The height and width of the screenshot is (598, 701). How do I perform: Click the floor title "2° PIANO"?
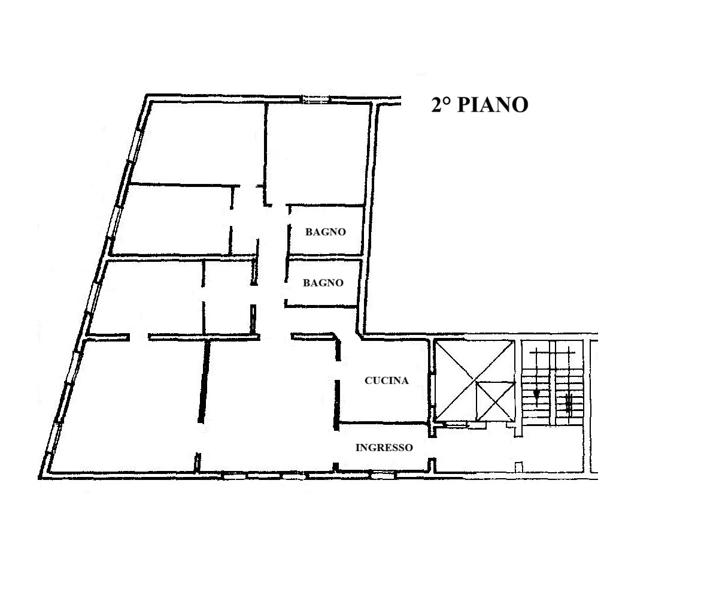point(480,104)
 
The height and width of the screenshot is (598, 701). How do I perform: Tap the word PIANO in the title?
point(493,104)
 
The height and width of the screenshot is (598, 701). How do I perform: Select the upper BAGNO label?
point(326,232)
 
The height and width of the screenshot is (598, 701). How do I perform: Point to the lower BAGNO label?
point(323,283)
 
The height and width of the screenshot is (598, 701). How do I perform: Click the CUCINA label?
point(387,380)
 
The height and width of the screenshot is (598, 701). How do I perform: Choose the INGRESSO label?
point(384,448)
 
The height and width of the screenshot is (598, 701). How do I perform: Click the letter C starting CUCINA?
point(368,380)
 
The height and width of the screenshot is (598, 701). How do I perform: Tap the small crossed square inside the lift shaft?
point(495,401)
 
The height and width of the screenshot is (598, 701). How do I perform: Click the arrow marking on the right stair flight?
point(569,401)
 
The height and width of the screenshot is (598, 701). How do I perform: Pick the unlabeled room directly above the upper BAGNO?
point(318,153)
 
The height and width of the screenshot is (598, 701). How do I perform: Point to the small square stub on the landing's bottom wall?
point(518,467)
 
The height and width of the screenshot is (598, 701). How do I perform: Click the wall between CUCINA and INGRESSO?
point(383,422)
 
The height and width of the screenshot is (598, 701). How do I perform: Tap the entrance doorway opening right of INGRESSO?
point(432,448)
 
